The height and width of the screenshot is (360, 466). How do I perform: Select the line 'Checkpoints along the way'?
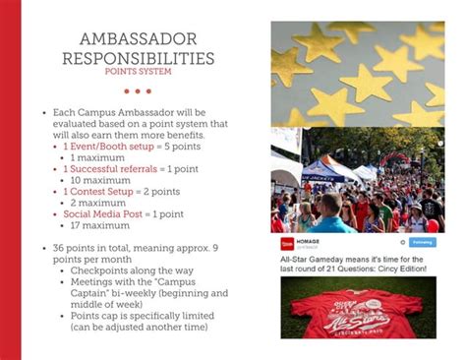click(125, 270)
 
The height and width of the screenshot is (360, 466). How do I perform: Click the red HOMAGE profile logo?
click(286, 242)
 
